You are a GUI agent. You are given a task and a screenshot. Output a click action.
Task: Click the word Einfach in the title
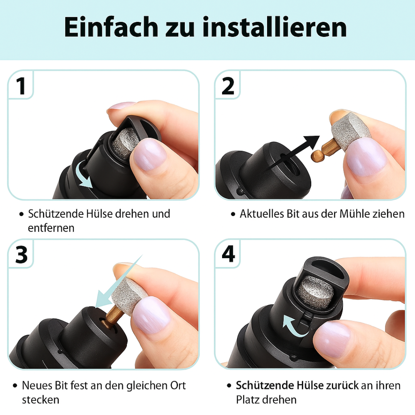[x=111, y=27]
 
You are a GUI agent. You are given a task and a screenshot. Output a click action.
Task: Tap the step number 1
[x=21, y=86]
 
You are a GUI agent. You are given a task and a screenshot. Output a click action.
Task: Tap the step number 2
[x=228, y=86]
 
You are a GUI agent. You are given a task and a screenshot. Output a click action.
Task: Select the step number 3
[x=22, y=255]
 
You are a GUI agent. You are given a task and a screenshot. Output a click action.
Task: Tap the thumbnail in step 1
[x=149, y=154]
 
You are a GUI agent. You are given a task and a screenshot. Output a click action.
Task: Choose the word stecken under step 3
[x=40, y=400]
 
